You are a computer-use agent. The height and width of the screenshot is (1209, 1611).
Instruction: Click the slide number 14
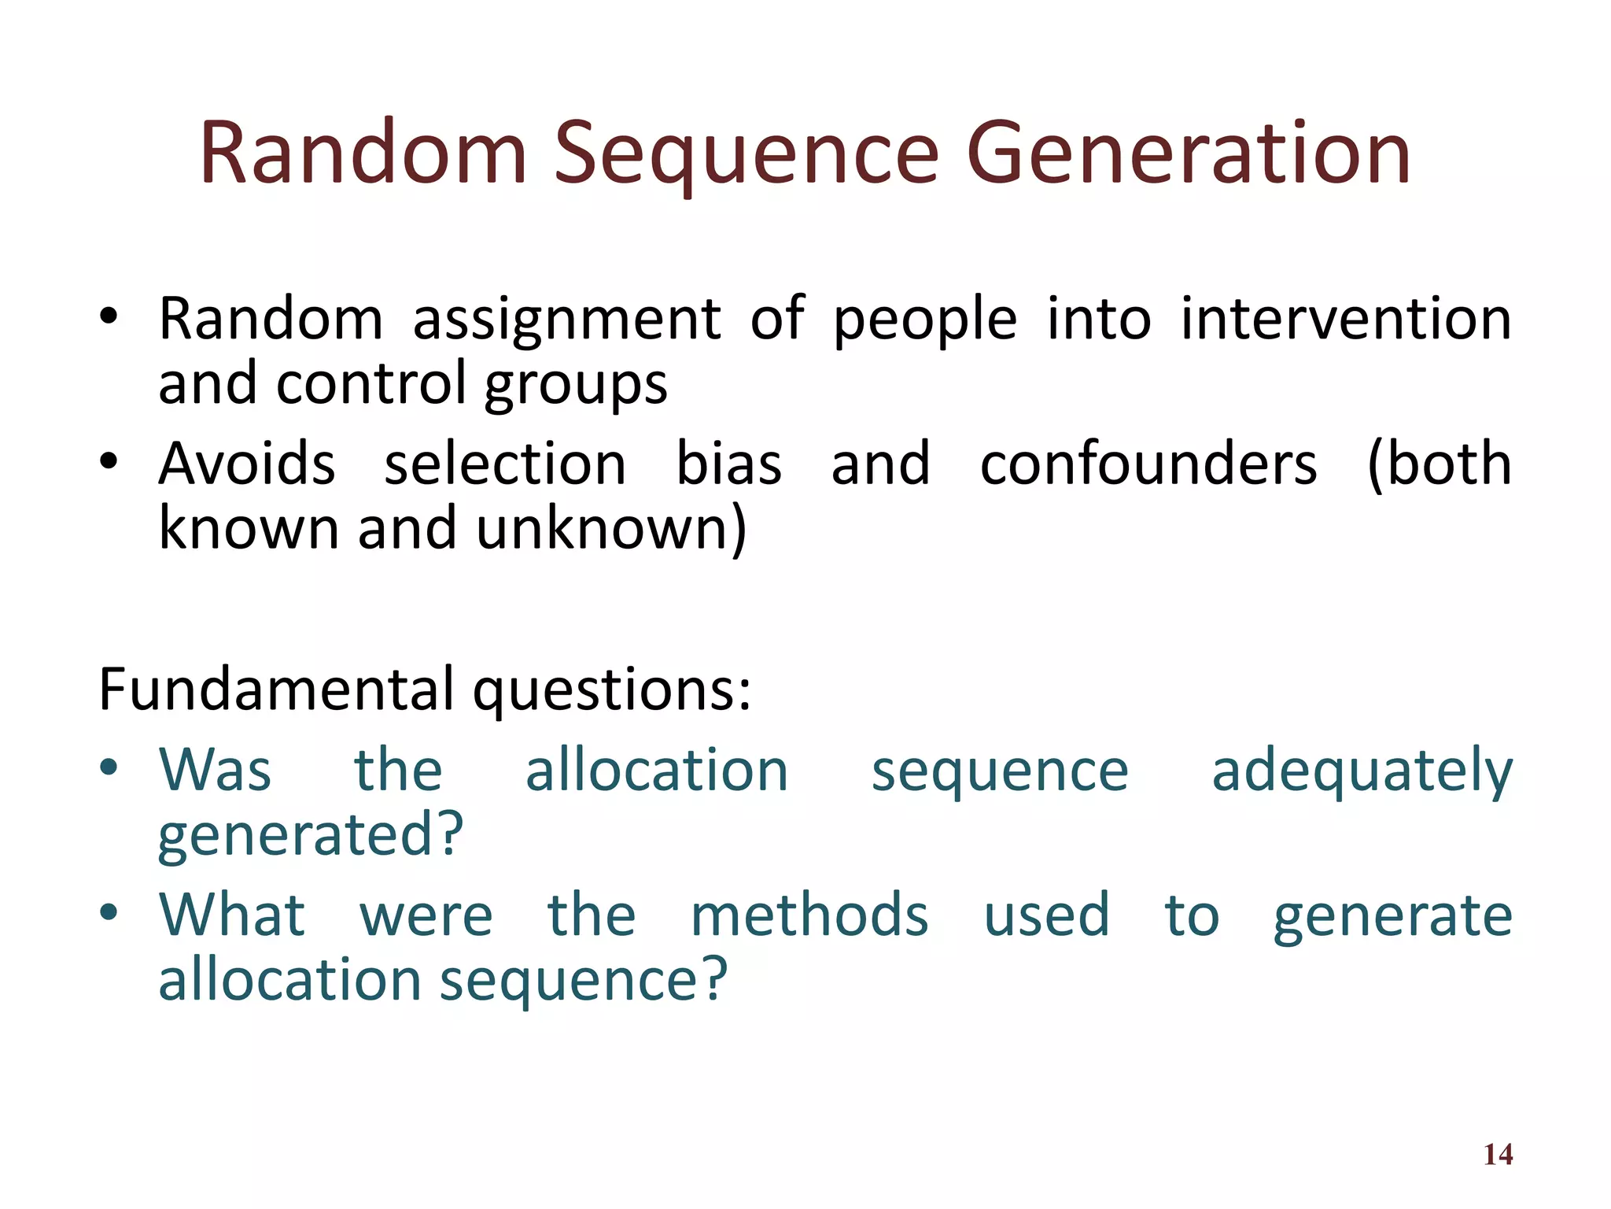point(1498,1155)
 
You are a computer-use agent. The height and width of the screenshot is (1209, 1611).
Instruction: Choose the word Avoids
point(247,464)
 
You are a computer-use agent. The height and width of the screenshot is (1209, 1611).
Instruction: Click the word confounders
point(1148,464)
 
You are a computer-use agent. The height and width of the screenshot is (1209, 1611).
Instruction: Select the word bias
point(728,464)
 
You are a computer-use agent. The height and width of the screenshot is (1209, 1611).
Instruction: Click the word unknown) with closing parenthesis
point(610,529)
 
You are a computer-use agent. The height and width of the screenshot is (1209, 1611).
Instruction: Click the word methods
point(809,915)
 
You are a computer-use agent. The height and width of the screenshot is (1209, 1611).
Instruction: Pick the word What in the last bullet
point(232,915)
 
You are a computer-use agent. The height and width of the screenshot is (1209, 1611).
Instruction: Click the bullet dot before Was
point(109,767)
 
